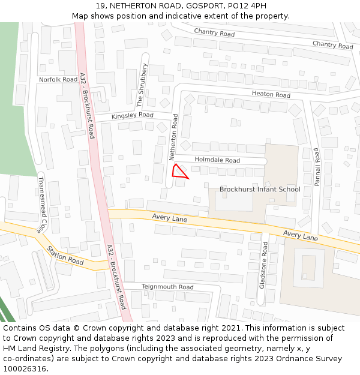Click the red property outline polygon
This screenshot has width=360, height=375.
(178, 172)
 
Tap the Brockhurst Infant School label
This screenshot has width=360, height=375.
(260, 190)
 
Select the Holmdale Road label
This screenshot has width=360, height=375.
(216, 160)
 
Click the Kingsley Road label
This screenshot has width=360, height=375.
(133, 115)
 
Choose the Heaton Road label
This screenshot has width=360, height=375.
(271, 95)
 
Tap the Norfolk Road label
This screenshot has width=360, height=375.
(58, 79)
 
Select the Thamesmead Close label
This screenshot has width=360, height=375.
(41, 204)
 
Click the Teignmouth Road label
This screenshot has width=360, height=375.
(167, 287)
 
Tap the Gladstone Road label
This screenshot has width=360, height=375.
(263, 265)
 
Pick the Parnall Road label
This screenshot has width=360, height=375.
(317, 167)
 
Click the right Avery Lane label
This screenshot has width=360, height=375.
(300, 236)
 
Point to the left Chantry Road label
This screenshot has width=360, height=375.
(214, 33)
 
